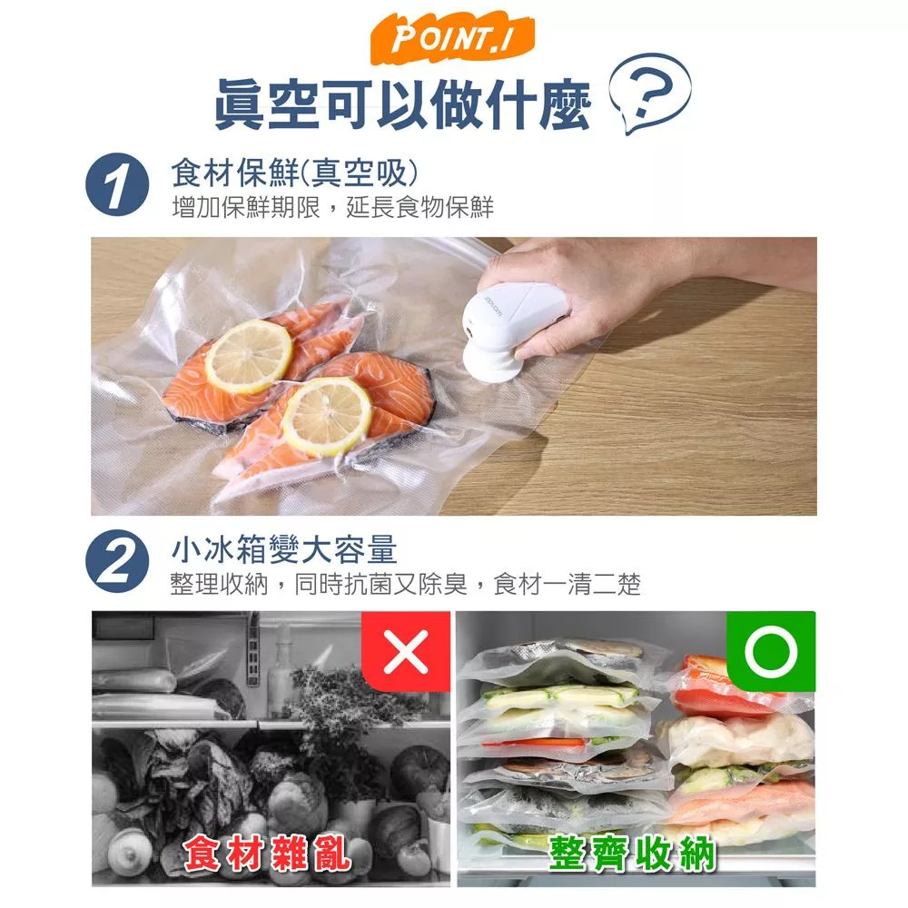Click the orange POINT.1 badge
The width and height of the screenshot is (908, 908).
[452, 39]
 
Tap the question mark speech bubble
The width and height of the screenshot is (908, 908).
[650, 92]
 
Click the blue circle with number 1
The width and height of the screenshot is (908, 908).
[117, 185]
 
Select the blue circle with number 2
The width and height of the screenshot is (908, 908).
[117, 561]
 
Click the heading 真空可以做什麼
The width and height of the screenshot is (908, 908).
[402, 104]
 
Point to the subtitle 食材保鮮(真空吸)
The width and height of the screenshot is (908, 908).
[294, 173]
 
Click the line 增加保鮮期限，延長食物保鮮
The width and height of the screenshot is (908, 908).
[333, 207]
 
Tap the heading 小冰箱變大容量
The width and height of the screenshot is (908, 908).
[284, 548]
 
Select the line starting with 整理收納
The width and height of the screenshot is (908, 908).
[406, 584]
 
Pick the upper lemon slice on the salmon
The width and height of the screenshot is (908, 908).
[249, 356]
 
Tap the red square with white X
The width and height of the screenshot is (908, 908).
[406, 651]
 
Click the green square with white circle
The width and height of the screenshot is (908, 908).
[771, 651]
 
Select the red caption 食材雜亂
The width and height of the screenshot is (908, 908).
[267, 854]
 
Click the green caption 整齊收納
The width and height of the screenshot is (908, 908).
[632, 853]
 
